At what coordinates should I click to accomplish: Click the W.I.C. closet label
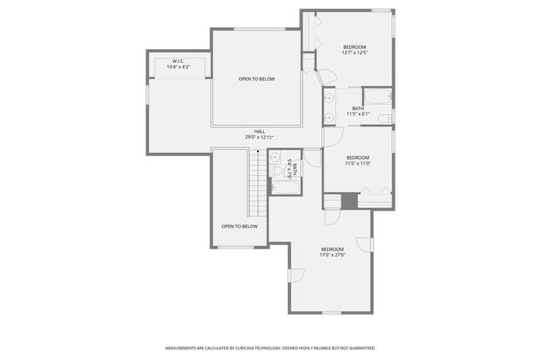(178, 62)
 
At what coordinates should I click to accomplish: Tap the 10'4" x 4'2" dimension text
(178, 67)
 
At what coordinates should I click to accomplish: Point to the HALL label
(260, 131)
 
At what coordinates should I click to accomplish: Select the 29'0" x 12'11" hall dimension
(260, 137)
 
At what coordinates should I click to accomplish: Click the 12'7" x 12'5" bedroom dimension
(354, 52)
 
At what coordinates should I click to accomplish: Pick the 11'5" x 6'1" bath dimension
(358, 114)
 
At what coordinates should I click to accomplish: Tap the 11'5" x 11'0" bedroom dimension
(358, 163)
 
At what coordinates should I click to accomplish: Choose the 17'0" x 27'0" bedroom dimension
(331, 254)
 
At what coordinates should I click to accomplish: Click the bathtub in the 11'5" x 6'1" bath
(377, 95)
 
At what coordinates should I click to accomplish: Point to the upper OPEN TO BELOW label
(256, 79)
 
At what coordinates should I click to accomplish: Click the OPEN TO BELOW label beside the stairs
(239, 226)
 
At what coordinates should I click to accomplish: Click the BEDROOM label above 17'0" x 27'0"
(331, 248)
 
